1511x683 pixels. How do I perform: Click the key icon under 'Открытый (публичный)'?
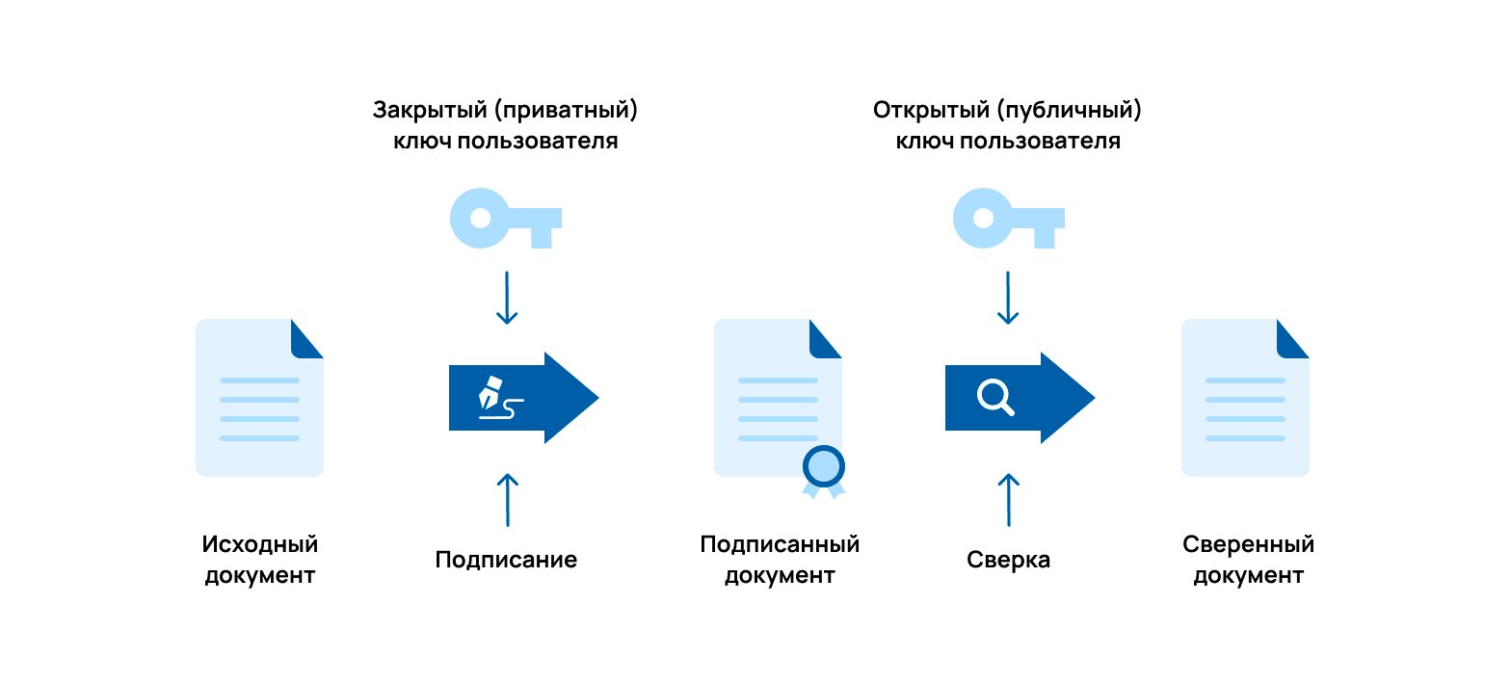click(x=1006, y=219)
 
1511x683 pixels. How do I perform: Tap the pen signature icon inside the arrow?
click(x=500, y=397)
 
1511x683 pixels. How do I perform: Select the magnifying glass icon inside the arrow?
click(x=995, y=397)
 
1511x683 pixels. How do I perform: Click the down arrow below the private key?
click(x=507, y=298)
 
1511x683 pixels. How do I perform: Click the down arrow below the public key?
click(x=1008, y=298)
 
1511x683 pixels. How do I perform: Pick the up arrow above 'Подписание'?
click(x=507, y=499)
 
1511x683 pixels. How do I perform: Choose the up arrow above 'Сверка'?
click(x=1008, y=499)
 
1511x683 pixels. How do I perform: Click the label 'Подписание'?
click(x=506, y=560)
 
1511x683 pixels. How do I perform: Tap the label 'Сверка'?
click(x=1008, y=560)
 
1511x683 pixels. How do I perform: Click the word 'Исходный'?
click(x=260, y=544)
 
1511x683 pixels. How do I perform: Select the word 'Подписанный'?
click(x=780, y=544)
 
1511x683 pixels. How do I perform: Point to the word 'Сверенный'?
click(x=1248, y=544)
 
